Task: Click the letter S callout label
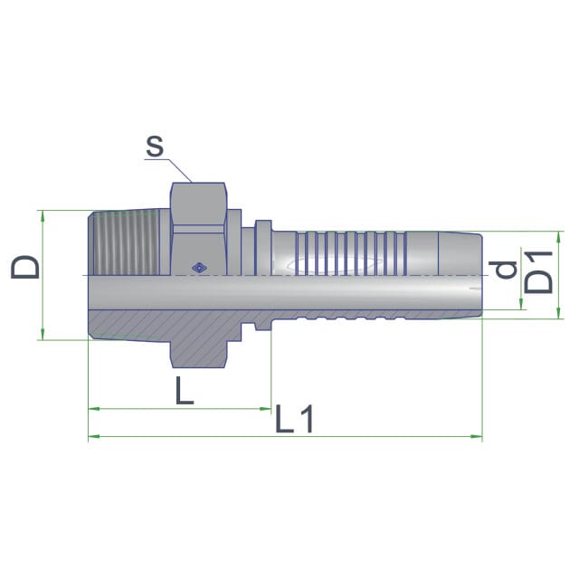click(x=155, y=146)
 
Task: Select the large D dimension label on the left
click(x=25, y=267)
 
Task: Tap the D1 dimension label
click(x=538, y=272)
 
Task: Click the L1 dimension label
click(x=294, y=419)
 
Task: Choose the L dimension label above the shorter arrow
click(x=185, y=390)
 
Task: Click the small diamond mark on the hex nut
click(x=199, y=268)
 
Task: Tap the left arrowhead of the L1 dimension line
click(x=94, y=436)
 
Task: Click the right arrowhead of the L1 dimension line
click(x=477, y=436)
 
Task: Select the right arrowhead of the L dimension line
click(x=265, y=409)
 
